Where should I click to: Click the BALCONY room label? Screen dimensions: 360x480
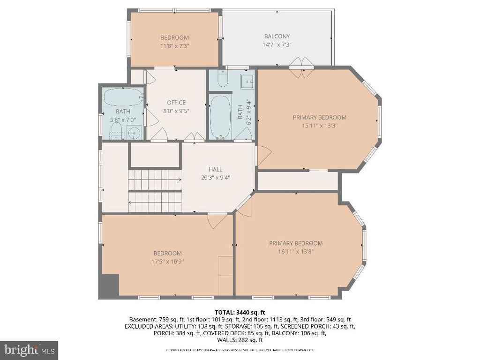pos(277,36)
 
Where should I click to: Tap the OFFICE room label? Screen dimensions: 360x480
pos(176,103)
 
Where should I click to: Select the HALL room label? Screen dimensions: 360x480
pos(216,169)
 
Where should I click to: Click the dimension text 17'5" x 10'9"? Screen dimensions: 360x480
pos(167,262)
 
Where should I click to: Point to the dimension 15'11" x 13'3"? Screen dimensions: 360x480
pos(319,126)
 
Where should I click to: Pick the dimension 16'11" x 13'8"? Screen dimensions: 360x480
pos(295,251)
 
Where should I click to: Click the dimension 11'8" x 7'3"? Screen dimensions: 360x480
pos(174,46)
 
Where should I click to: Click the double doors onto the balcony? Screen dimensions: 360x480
pos(300,64)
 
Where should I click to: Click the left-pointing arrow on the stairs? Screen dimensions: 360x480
pos(131,202)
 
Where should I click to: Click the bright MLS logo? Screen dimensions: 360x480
pos(29,350)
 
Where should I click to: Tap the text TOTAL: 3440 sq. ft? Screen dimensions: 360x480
pos(240,312)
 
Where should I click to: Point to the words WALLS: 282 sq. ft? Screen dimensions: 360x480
pos(240,340)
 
